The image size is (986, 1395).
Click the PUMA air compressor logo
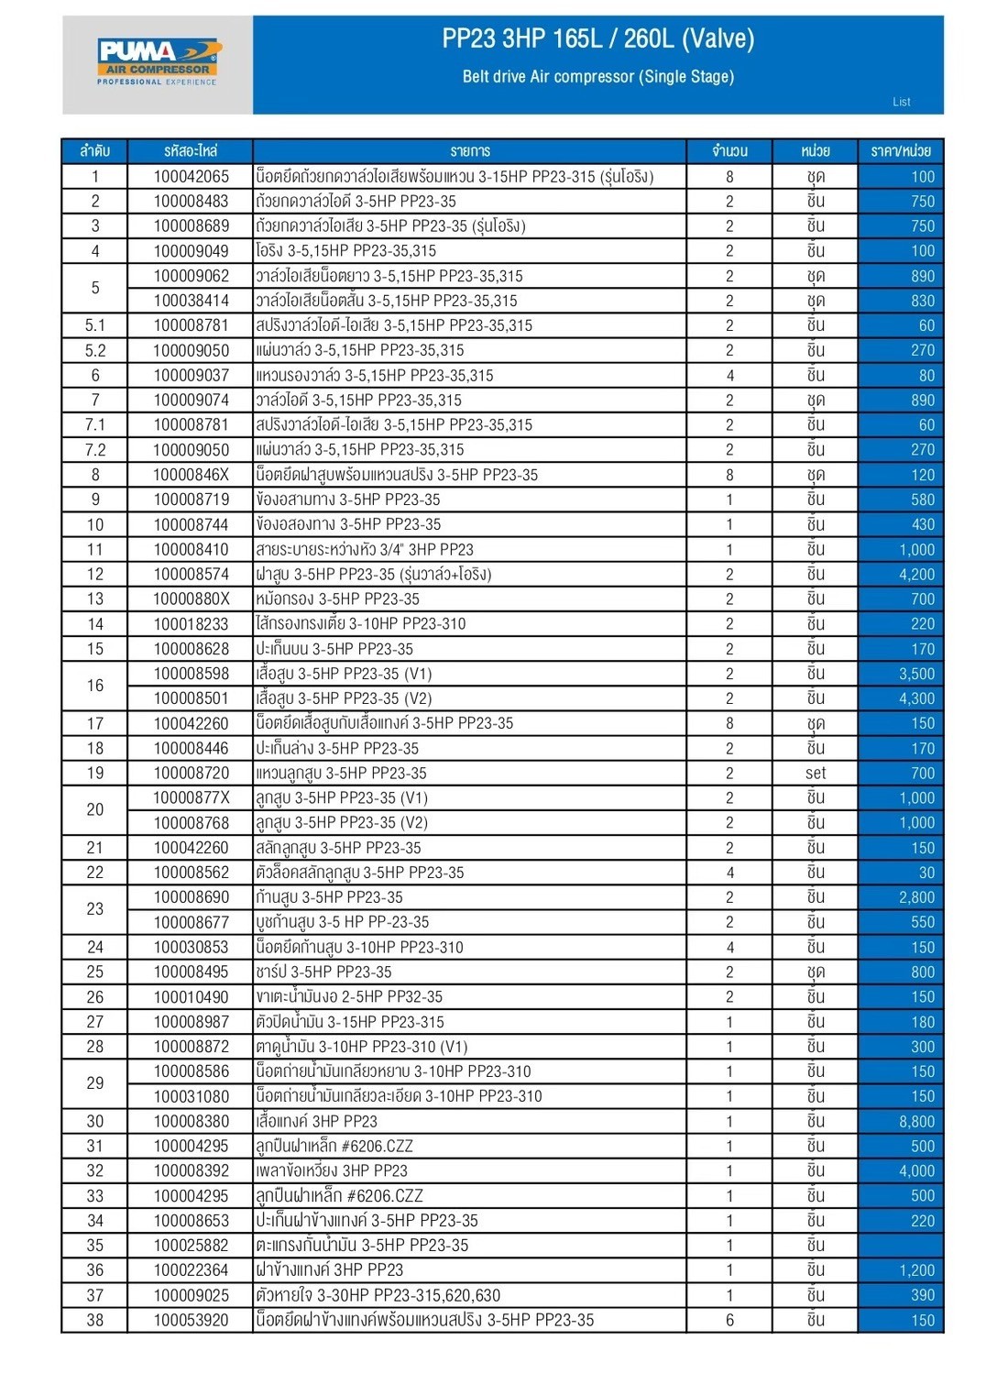coord(159,61)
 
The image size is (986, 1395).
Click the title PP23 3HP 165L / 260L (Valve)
coord(597,38)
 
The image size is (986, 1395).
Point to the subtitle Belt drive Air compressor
coord(597,77)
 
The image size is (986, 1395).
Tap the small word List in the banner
coord(902,102)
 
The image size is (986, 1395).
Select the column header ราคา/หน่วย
coord(900,151)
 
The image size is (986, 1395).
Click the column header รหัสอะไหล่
coord(191,151)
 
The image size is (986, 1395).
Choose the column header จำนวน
coord(729,151)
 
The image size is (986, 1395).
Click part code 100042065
coord(191,176)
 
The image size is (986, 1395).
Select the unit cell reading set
coord(815,773)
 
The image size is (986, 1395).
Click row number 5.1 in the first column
coord(95,325)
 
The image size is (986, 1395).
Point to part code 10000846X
coord(191,475)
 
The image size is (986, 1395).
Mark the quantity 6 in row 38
coord(729,1320)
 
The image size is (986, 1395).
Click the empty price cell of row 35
coord(900,1246)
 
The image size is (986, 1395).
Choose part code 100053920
coord(191,1320)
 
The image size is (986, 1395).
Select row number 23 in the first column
coord(95,909)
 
